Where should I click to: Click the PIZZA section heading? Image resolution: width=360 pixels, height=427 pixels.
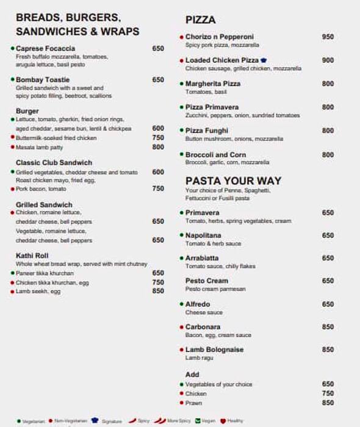pyautogui.click(x=200, y=20)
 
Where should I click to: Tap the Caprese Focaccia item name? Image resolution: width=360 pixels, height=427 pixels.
pyautogui.click(x=46, y=48)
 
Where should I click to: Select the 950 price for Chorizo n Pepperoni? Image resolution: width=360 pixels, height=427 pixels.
pyautogui.click(x=328, y=37)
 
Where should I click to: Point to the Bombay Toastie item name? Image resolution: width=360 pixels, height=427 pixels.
pyautogui.click(x=43, y=80)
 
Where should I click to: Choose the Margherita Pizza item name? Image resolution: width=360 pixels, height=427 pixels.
pyautogui.click(x=213, y=84)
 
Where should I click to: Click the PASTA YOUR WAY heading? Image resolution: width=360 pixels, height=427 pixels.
pyautogui.click(x=233, y=181)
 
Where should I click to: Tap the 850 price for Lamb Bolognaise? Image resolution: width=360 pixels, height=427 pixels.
pyautogui.click(x=328, y=350)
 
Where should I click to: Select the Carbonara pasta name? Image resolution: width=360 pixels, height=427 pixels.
pyautogui.click(x=204, y=327)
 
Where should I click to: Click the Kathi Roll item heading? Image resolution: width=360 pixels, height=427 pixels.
pyautogui.click(x=32, y=256)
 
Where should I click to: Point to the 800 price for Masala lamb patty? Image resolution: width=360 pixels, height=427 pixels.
pyautogui.click(x=158, y=147)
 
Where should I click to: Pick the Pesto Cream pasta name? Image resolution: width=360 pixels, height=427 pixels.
pyautogui.click(x=206, y=281)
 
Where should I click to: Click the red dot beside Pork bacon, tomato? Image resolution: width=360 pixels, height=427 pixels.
pyautogui.click(x=12, y=189)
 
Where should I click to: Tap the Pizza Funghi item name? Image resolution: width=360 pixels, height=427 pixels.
pyautogui.click(x=207, y=131)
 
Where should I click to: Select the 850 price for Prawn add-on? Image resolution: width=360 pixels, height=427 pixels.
pyautogui.click(x=328, y=403)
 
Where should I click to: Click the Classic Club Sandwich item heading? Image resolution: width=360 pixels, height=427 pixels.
pyautogui.click(x=54, y=163)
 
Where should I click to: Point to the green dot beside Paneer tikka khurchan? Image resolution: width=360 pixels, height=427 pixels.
pyautogui.click(x=12, y=273)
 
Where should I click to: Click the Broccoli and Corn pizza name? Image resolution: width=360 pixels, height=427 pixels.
pyautogui.click(x=215, y=155)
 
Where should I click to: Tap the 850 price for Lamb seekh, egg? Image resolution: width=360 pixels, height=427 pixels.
pyautogui.click(x=158, y=292)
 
